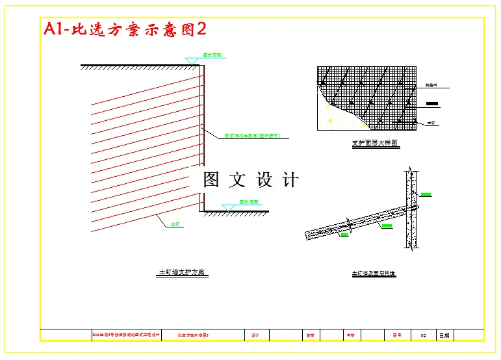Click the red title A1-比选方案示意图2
tap(124, 29)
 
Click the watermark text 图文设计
tap(251, 180)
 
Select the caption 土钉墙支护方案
tap(183, 272)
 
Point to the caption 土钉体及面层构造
tap(374, 274)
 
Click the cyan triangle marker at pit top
tap(191, 60)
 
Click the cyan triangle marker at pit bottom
tap(228, 207)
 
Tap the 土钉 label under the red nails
tap(174, 224)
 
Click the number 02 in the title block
tap(423, 335)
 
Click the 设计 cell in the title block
tap(255, 335)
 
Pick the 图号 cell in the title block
tap(397, 335)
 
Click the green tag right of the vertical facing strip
tap(426, 194)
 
